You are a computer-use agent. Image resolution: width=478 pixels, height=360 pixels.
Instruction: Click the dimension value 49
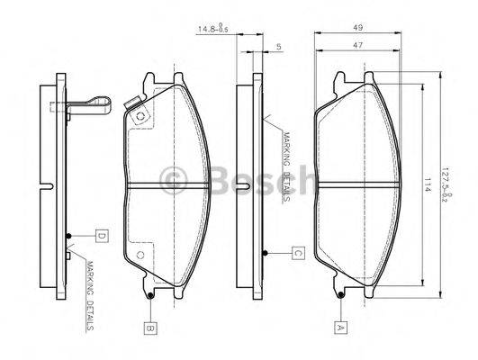click(357, 28)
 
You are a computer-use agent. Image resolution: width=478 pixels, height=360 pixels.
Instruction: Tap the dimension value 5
click(280, 45)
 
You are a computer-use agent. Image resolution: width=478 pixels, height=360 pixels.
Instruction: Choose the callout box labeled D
click(101, 237)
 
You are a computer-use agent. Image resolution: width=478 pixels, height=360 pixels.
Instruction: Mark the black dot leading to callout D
click(68, 238)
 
